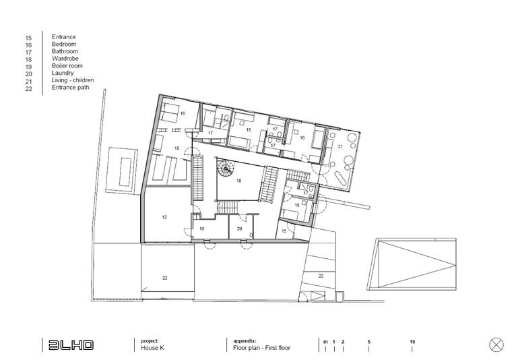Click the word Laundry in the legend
63,73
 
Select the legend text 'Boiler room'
67,65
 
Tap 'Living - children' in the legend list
73,80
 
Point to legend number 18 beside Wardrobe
29,59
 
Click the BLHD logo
71,345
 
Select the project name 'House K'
152,348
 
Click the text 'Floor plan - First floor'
261,348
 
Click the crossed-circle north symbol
497,345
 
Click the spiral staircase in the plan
226,169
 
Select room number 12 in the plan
164,217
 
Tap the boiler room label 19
202,229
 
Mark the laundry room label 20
239,229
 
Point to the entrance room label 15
284,231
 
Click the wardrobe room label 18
177,148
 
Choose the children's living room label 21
340,147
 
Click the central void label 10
239,181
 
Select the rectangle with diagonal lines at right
417,264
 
